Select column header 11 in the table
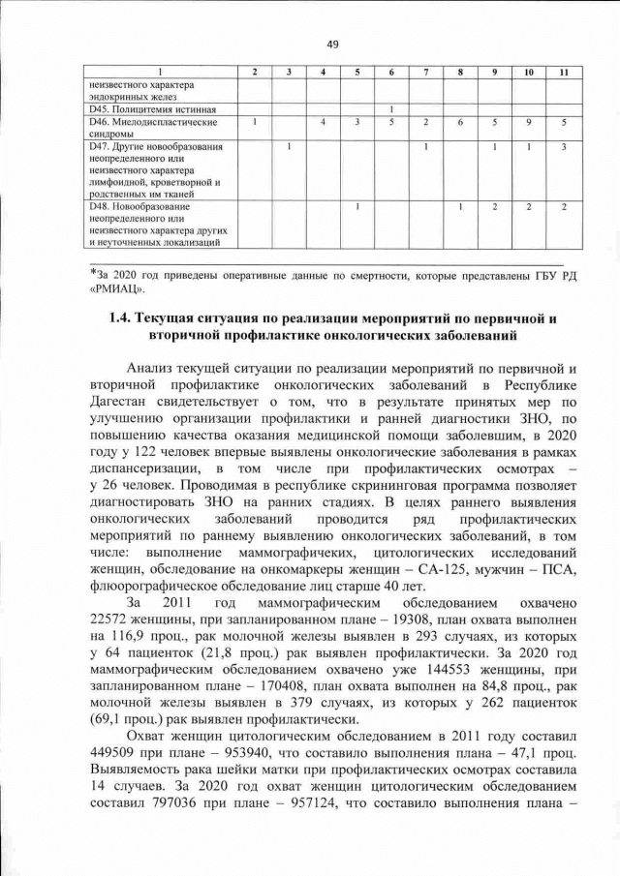coord(563,74)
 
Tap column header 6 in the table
coord(389,74)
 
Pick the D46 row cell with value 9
coord(529,122)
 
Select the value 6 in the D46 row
coord(460,122)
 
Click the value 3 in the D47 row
coord(563,147)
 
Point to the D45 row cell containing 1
coord(389,108)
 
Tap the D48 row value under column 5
coord(357,206)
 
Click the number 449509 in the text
coord(114,753)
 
